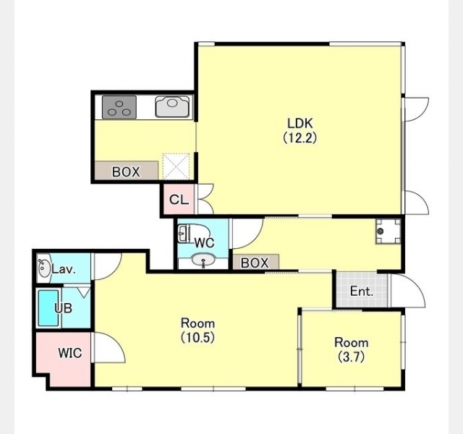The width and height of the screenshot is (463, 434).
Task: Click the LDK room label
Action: [x=300, y=123]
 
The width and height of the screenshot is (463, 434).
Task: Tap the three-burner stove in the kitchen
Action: [x=119, y=107]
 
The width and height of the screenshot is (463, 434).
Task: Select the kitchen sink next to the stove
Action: [x=172, y=106]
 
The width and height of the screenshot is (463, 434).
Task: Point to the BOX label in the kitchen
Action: [x=126, y=172]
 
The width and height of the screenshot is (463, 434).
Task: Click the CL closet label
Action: [x=179, y=200]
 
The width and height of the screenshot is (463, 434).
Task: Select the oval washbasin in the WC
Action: [x=203, y=260]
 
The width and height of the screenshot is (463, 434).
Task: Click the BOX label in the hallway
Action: [x=255, y=263]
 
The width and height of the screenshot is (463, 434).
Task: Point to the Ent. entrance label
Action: [x=362, y=292]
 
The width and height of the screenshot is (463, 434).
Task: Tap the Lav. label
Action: [x=64, y=269]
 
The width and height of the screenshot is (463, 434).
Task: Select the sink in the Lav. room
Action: [x=44, y=268]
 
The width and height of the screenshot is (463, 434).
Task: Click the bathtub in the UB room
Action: [x=48, y=308]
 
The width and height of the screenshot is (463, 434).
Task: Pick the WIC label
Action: [x=70, y=353]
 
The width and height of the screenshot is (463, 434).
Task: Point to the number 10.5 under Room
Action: [x=197, y=338]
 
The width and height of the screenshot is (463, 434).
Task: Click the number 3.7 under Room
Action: [x=352, y=357]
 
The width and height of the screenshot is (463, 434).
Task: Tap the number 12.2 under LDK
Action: [x=300, y=138]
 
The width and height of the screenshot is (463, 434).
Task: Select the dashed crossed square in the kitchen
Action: [x=177, y=166]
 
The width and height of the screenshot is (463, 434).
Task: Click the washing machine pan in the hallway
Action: [x=388, y=231]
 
